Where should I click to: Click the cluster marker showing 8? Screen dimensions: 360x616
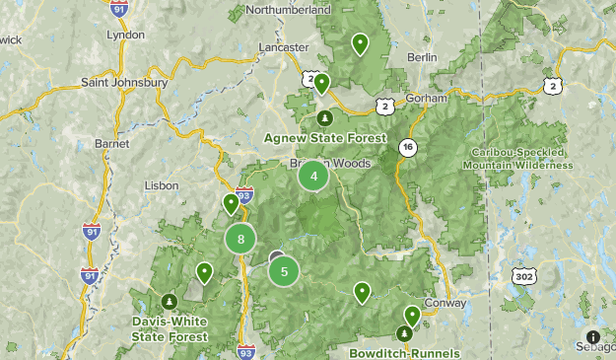(240, 238)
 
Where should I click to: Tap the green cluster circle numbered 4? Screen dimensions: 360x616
(313, 177)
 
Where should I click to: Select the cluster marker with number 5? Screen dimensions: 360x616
(284, 271)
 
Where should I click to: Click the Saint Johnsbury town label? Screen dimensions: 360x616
(124, 82)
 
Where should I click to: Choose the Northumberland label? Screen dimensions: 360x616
(288, 9)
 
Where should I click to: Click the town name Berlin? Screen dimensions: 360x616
(422, 57)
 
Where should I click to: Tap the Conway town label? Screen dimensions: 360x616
(444, 303)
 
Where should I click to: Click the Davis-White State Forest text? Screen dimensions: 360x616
(171, 328)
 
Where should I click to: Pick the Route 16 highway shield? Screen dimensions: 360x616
(406, 147)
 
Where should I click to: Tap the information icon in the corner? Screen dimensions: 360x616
(593, 336)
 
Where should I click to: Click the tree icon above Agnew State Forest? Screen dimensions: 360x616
(324, 118)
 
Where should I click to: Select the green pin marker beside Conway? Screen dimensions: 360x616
(411, 315)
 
